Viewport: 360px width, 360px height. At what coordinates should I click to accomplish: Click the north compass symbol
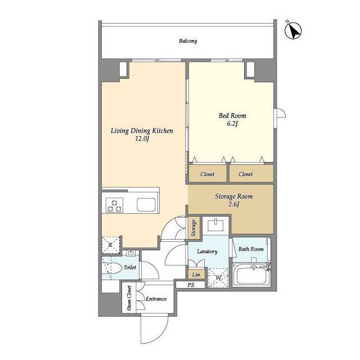(x=293, y=30)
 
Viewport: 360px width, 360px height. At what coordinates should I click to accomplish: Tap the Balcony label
(x=188, y=41)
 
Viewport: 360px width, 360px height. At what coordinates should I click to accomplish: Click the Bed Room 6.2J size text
(x=232, y=124)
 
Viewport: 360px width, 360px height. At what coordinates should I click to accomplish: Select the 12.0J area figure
(x=142, y=139)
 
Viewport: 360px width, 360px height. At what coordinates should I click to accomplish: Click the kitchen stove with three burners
(x=115, y=205)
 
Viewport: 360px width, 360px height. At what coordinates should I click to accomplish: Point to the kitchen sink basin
(x=146, y=205)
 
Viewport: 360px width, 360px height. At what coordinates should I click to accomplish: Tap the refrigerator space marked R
(x=111, y=245)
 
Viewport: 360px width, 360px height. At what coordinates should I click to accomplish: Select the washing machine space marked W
(x=218, y=278)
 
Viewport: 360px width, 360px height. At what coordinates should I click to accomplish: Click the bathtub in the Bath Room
(x=251, y=274)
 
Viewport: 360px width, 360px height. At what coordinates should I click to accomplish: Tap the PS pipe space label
(x=191, y=285)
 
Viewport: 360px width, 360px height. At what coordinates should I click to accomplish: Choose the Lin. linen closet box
(x=196, y=274)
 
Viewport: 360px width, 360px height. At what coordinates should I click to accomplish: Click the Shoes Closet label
(x=129, y=298)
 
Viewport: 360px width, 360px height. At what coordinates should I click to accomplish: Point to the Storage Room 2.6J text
(x=234, y=200)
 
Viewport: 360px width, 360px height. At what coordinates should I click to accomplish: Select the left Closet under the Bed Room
(x=208, y=174)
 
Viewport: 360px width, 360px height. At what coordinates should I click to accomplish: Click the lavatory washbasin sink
(x=215, y=225)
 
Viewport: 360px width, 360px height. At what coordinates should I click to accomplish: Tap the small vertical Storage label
(x=193, y=228)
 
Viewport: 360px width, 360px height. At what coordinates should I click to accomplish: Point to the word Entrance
(x=156, y=299)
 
